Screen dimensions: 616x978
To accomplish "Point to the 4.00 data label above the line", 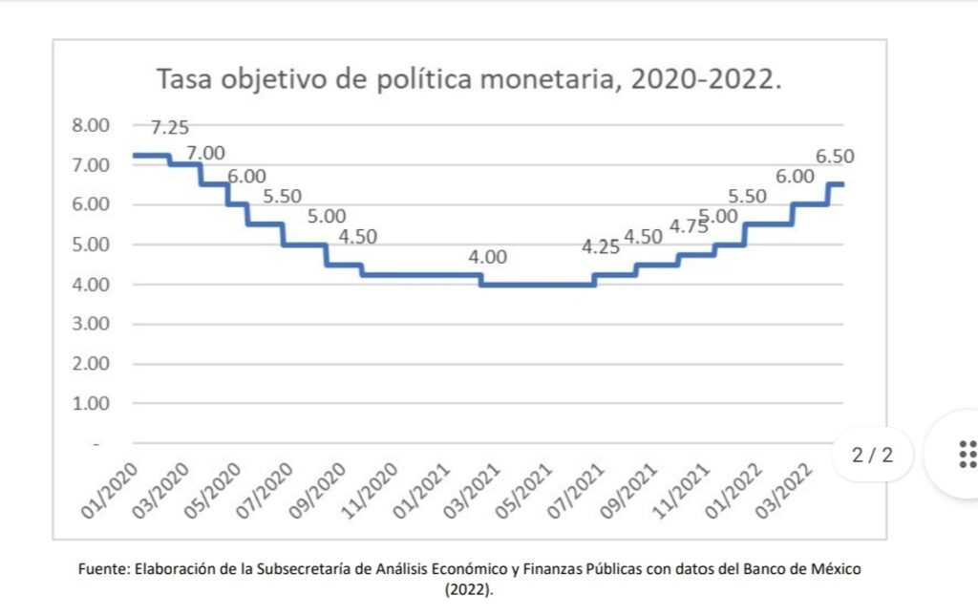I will pos(487,258).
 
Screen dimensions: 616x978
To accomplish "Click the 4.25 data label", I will pos(601,247).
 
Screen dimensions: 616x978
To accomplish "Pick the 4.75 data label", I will pos(688,227).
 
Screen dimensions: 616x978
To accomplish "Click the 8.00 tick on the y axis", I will pos(93,125).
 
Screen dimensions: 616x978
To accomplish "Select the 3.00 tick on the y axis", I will pos(93,324).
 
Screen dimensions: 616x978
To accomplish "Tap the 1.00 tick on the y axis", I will pos(93,403).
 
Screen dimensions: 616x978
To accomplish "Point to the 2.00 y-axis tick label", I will pos(93,364).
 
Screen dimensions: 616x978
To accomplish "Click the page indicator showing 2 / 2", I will pos(873,455).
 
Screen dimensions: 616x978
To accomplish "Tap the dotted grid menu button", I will pos(966,455).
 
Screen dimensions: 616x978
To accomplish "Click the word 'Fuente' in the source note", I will pos(102,569).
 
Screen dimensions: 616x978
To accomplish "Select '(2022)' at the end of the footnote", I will pos(469,589).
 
